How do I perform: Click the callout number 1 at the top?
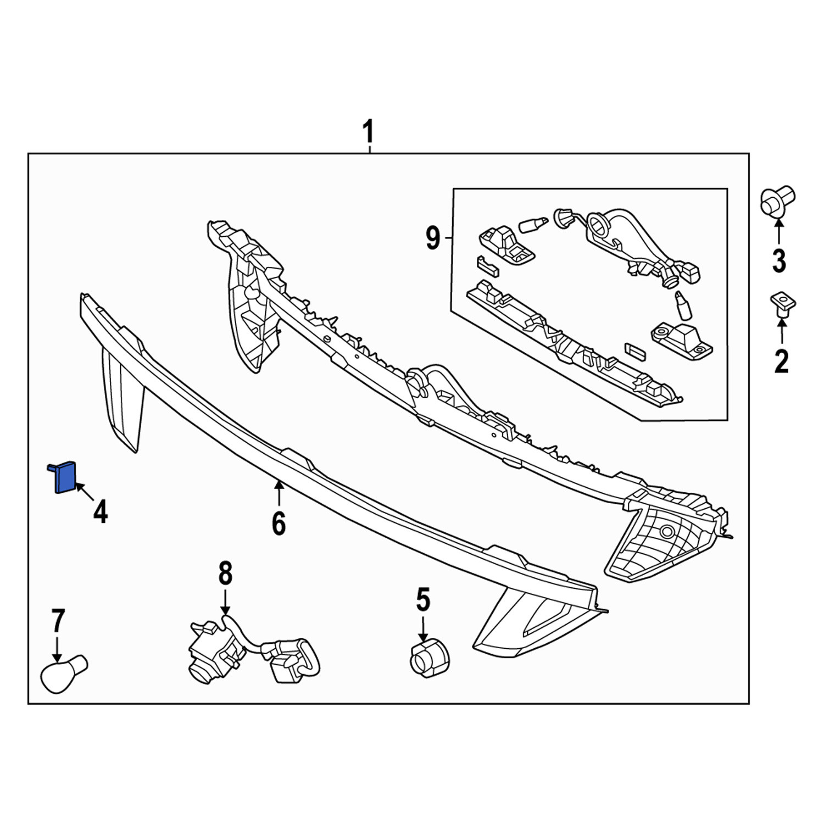coord(368,132)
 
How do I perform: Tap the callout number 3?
coord(779,260)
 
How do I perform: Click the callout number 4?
coord(101,511)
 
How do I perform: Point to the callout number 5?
coord(423,599)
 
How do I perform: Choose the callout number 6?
coord(279,523)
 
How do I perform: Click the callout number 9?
coord(433,238)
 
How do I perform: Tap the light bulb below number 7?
coord(63,674)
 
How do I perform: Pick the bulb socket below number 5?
coord(430,658)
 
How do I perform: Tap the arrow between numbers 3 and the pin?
coord(778,232)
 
